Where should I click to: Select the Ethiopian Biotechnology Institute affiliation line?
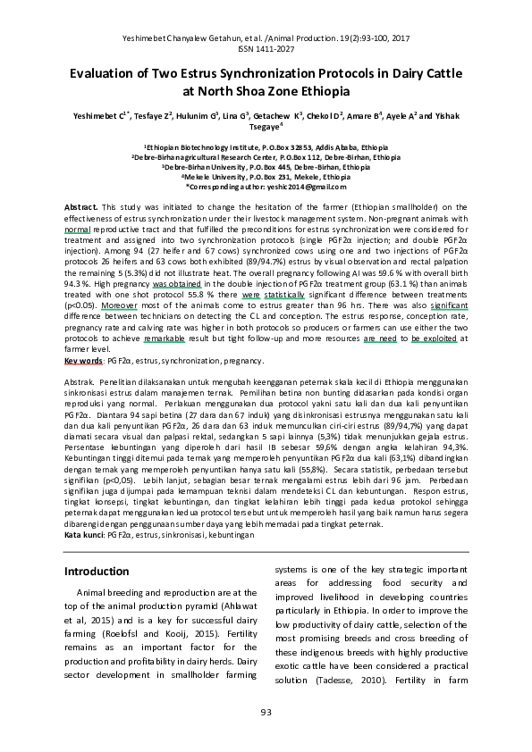[266, 147]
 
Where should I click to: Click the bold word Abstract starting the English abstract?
[81, 207]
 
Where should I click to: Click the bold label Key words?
[84, 362]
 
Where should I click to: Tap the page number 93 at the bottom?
[266, 711]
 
